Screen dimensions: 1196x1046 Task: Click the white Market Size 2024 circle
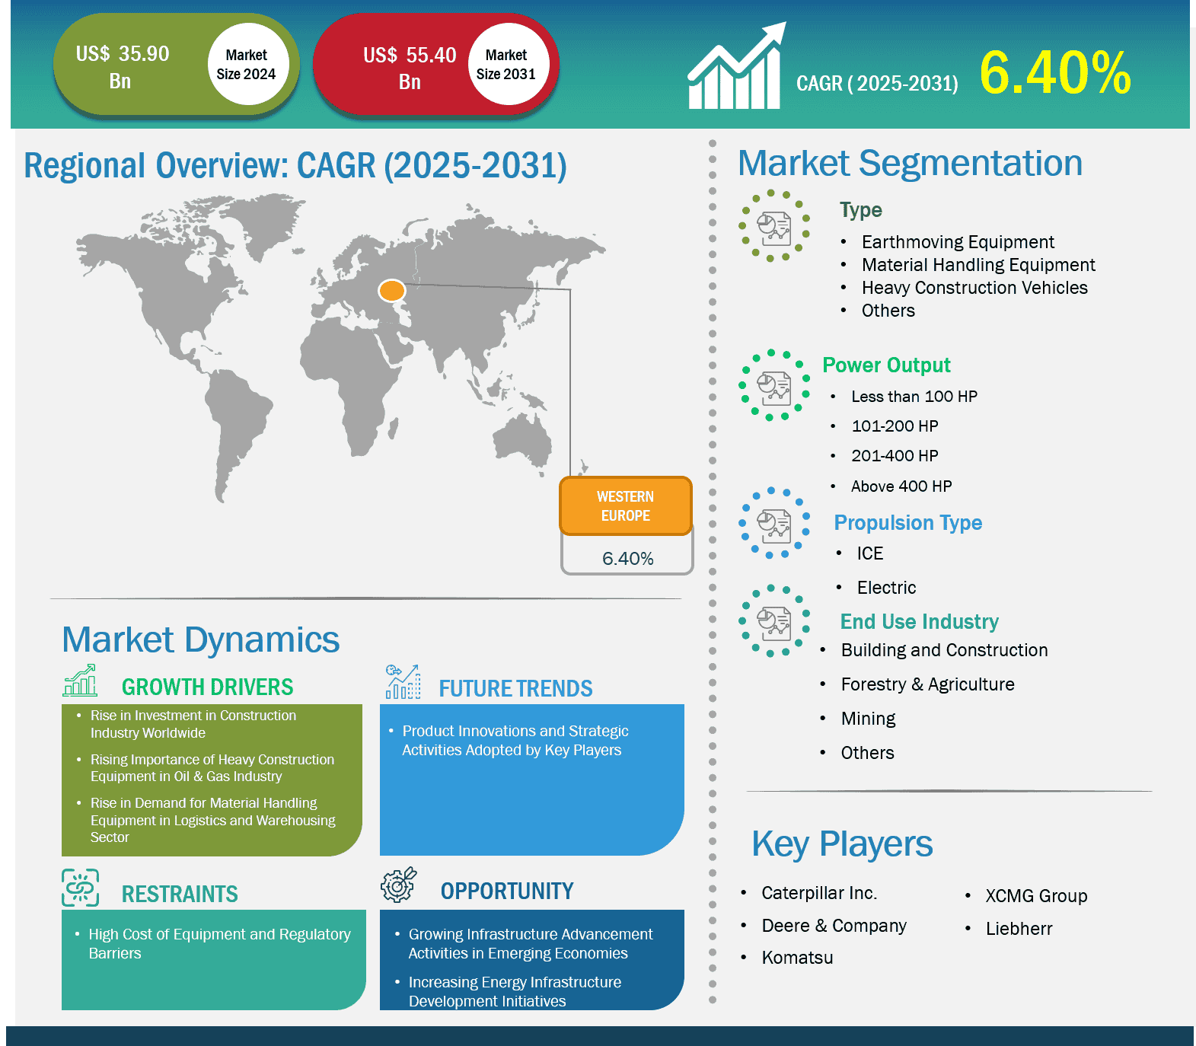coord(246,64)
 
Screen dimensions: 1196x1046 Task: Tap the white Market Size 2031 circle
coord(506,64)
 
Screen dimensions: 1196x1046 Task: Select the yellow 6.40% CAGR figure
coord(1055,74)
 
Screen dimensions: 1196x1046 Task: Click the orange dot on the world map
coord(392,290)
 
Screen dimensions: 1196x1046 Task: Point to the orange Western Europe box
coord(626,505)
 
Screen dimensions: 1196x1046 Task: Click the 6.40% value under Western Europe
coord(628,559)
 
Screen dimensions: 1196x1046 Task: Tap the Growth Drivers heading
coord(207,687)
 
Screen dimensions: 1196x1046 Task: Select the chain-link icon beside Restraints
coord(81,888)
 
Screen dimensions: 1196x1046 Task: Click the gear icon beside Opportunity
coord(399,885)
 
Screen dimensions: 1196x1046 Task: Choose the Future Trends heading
coord(515,689)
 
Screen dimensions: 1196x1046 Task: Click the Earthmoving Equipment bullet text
coord(958,242)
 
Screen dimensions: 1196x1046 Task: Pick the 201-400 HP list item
coord(895,456)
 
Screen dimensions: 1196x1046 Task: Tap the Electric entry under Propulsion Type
coord(886,588)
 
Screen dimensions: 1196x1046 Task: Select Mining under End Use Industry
coord(868,719)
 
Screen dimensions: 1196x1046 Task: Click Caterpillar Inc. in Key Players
coord(819,893)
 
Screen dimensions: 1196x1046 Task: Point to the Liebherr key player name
coord(1019,929)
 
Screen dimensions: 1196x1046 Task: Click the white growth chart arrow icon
coord(736,66)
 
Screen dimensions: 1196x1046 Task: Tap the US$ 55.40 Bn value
coord(410,68)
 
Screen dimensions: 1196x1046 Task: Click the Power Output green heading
coord(886,365)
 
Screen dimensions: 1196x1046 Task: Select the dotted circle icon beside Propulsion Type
coord(774,523)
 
